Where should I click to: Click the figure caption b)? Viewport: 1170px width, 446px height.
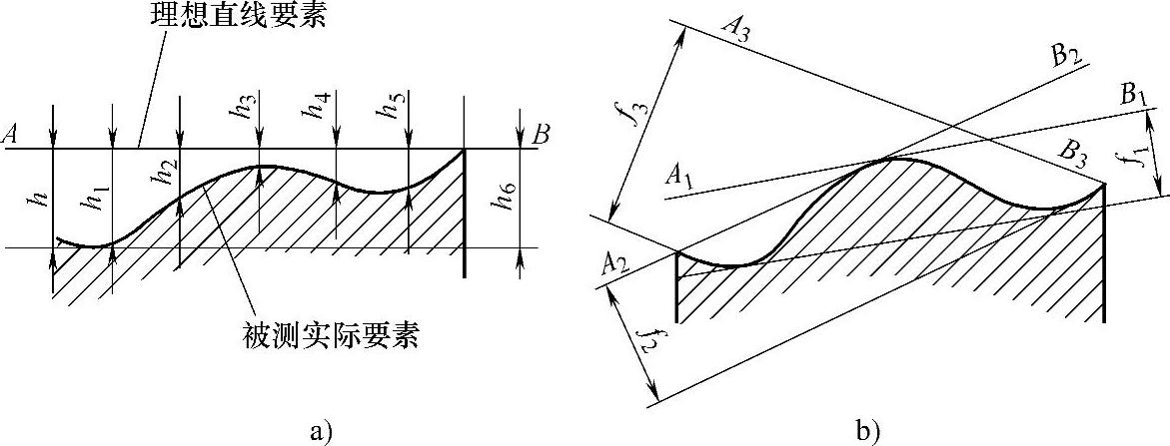866,430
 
